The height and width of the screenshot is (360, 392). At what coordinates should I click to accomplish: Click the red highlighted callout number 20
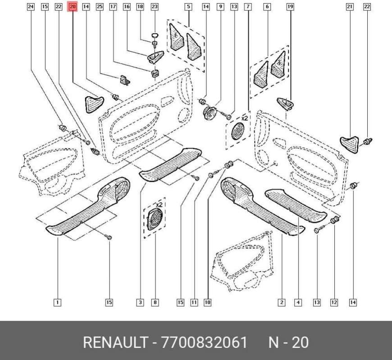click(73, 7)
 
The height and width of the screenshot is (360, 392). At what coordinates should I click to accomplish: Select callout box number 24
click(30, 7)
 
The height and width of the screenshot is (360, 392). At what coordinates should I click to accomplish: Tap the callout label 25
click(100, 7)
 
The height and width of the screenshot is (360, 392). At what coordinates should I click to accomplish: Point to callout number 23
click(155, 7)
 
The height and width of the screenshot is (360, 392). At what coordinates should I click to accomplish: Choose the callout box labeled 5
click(188, 7)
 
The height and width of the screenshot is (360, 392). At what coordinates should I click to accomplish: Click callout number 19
click(290, 7)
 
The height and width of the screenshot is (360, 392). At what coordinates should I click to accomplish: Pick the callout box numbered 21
click(349, 7)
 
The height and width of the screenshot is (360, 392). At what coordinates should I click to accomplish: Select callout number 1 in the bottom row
click(57, 302)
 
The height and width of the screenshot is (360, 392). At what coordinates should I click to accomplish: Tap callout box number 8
click(155, 302)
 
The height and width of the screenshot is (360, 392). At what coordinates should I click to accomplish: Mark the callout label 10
click(207, 302)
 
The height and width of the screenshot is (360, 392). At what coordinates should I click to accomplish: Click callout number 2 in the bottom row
click(282, 302)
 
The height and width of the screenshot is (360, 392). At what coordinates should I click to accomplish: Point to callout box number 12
click(334, 302)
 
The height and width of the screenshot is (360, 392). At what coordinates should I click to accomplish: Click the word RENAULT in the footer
click(115, 343)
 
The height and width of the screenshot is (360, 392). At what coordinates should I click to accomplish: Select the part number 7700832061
click(204, 343)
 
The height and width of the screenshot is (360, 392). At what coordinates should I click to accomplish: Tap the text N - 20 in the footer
click(288, 343)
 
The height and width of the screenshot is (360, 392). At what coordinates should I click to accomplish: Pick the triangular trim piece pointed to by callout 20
click(93, 103)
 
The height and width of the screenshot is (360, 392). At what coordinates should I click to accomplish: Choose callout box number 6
click(267, 7)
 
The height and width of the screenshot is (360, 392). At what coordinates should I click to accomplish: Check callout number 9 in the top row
click(220, 7)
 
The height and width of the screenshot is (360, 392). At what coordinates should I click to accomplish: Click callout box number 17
click(113, 7)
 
